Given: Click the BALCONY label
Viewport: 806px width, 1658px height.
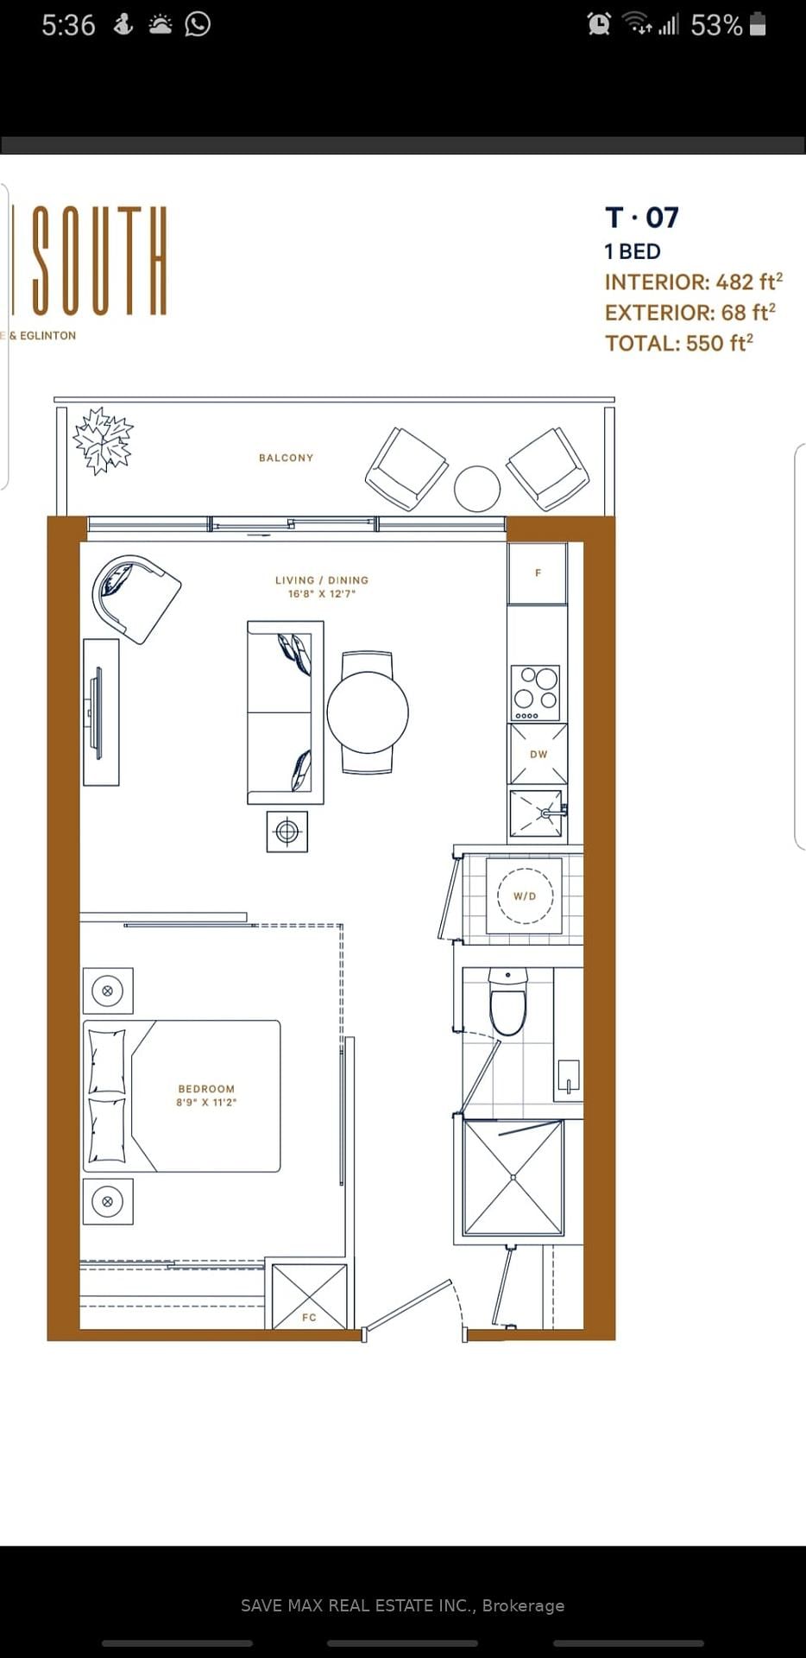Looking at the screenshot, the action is (x=286, y=458).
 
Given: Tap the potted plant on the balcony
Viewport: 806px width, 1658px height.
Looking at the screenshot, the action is (x=104, y=440).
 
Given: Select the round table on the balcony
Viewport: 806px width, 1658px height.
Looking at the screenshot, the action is (x=477, y=489).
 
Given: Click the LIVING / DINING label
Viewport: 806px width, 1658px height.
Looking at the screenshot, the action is (x=322, y=580).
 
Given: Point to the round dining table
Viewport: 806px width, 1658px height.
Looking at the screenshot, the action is (x=368, y=712).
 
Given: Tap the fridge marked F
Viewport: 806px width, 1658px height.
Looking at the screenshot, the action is (x=538, y=573).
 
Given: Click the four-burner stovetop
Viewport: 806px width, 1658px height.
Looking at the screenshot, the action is (x=535, y=693).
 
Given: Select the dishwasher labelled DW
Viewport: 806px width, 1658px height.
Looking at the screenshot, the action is (x=538, y=754).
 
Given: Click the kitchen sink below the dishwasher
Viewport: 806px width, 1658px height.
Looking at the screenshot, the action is (x=537, y=813).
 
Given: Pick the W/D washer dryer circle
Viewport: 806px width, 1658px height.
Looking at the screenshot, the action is (x=525, y=895).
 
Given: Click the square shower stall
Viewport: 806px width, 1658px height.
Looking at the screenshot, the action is (x=513, y=1177).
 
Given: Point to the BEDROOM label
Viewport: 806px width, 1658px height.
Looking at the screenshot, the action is (x=206, y=1089).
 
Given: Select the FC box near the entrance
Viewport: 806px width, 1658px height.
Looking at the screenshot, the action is (x=309, y=1296).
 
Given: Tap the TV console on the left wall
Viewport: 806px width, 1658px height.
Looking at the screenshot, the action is (x=101, y=712).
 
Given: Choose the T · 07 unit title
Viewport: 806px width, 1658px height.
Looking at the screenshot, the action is (x=642, y=218).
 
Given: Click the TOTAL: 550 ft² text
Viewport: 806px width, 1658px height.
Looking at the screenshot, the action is (x=679, y=343).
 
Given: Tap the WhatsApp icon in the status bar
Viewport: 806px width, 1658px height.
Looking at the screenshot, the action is (x=198, y=24).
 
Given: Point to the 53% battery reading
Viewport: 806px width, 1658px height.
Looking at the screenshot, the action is (x=716, y=25).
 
